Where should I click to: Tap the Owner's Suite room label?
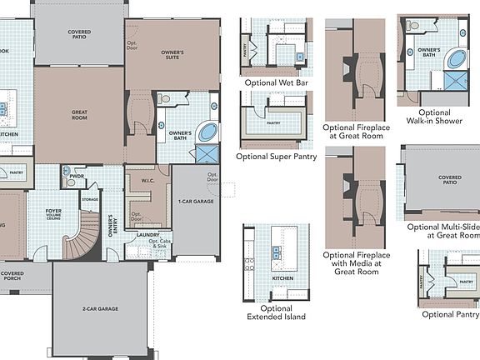172,54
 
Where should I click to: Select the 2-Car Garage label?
100,309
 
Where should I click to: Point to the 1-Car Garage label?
196,202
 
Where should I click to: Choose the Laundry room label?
148,236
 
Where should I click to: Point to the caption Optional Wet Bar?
277,83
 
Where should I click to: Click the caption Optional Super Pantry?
276,156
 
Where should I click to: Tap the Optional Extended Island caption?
276,312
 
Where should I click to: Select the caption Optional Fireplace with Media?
356,263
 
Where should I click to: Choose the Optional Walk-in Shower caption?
434,117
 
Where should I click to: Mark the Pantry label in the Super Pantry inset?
272,122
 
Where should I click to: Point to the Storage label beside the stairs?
90,200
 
